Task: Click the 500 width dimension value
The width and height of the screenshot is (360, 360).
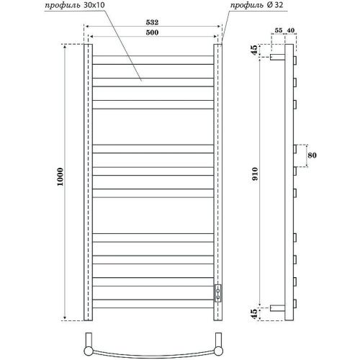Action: click(152, 34)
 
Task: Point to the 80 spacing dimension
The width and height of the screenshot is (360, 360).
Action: click(312, 155)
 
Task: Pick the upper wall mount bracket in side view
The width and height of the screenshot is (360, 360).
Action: click(277, 55)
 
